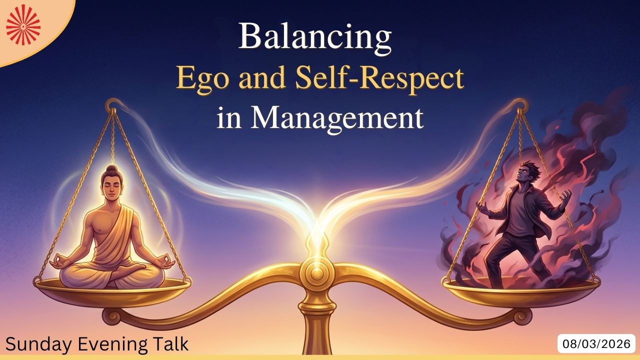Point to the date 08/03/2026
tap(596, 344)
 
